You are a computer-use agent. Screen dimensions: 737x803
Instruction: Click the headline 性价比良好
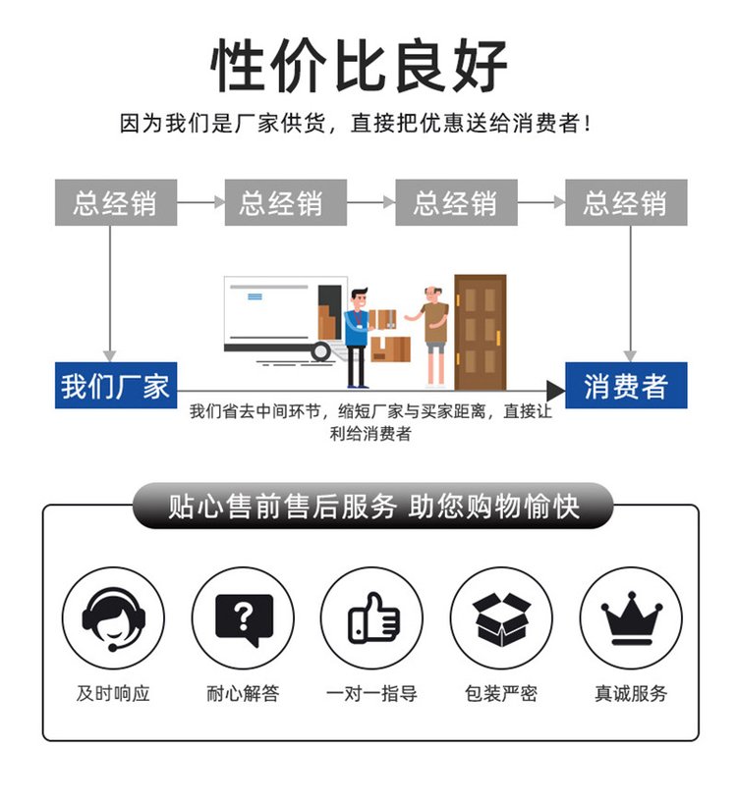coord(360,66)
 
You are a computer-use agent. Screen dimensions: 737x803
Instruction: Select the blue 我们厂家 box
coord(116,385)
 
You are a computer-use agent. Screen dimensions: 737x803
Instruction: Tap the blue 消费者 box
coord(626,385)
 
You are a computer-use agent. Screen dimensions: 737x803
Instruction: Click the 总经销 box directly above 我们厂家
coord(116,202)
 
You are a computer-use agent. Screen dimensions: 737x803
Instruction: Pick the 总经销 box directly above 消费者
coord(626,202)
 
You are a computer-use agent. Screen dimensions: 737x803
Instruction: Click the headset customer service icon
coord(113,617)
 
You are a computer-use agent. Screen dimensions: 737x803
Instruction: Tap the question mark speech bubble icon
coord(243,617)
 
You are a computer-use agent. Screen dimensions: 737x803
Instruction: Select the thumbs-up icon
coord(372,617)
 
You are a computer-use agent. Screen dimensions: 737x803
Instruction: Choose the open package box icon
coord(501,617)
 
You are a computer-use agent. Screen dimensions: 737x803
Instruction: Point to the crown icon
coord(631,617)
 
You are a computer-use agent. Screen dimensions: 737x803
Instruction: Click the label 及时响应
coord(113,693)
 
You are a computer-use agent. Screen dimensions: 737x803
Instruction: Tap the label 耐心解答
coord(243,693)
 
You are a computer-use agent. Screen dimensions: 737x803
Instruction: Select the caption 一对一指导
coord(372,693)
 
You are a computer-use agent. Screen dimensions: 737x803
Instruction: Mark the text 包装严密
coord(501,693)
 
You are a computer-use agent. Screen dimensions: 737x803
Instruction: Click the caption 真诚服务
coord(631,693)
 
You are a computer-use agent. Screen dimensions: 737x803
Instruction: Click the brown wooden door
coord(481,333)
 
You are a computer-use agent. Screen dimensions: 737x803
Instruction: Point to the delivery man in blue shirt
coord(358,338)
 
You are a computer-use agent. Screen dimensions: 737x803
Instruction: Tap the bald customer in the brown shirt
coord(433,336)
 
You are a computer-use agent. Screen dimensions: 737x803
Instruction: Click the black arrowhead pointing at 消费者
coord(555,391)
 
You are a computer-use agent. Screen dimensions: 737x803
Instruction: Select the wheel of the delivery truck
coord(320,351)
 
